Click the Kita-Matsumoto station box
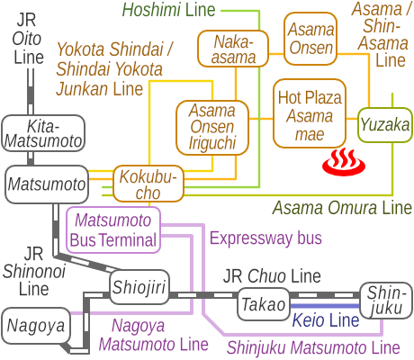tap(42, 132)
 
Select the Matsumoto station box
tap(48, 184)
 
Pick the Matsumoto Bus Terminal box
tap(113, 229)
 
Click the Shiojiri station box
tap(139, 287)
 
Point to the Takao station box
tap(263, 304)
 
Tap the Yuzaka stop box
tap(385, 125)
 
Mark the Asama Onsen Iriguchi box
tap(211, 127)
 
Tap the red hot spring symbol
tap(339, 161)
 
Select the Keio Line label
tap(325, 320)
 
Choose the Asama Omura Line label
tap(341, 208)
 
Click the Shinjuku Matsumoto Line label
tap(312, 346)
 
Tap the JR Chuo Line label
tap(272, 275)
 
